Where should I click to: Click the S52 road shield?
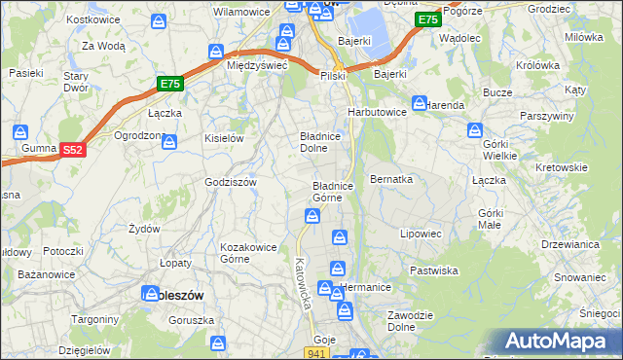tap(72, 149)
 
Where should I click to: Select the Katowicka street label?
tap(303, 283)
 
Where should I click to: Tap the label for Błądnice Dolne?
tap(319, 143)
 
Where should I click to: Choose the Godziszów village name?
tap(230, 182)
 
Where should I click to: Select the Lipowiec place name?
tap(421, 234)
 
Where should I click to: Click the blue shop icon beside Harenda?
tap(420, 102)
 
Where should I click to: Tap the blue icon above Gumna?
tap(18, 132)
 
